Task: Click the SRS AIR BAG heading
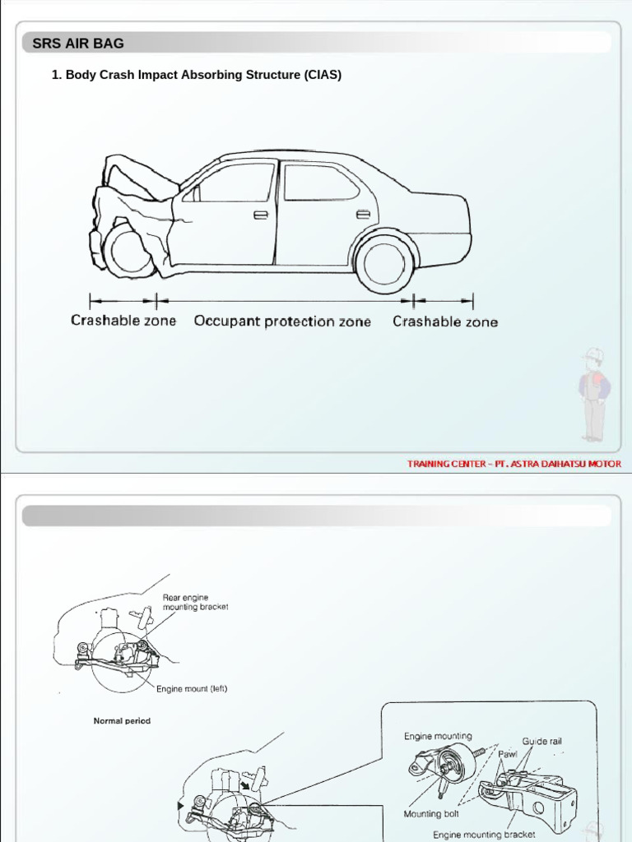77,44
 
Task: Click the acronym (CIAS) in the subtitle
323,75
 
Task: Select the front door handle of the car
261,215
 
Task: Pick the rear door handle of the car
363,215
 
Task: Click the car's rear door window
320,183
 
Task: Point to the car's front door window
237,183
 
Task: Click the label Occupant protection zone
282,322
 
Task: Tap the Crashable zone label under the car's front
123,321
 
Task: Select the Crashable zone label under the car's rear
445,322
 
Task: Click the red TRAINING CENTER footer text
514,464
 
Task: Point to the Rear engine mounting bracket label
195,602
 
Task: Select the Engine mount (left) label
192,689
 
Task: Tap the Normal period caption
122,721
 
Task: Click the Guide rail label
541,742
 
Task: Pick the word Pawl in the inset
508,753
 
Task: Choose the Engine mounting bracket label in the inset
484,835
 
